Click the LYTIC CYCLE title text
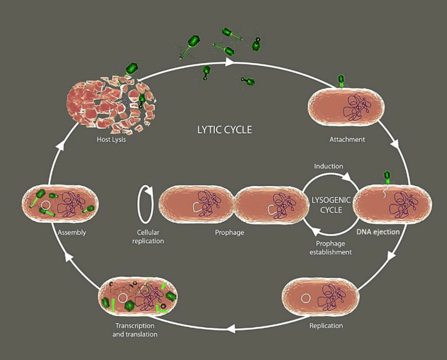223,129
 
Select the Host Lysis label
111,139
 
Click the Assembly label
72,233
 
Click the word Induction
328,166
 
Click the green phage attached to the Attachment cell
342,81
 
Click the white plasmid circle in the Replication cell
305,299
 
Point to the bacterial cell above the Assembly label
60,204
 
